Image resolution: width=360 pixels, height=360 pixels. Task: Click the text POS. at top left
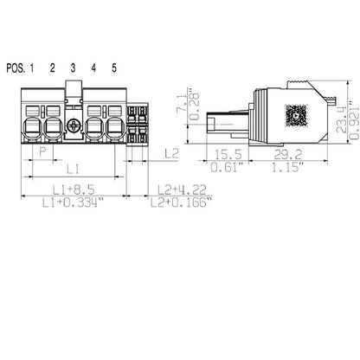(x=16, y=68)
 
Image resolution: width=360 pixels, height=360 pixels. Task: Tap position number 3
(x=73, y=68)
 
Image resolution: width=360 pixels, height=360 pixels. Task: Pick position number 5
(x=113, y=68)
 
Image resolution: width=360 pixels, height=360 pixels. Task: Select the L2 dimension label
(x=170, y=153)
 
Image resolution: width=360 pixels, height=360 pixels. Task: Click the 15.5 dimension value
(x=227, y=153)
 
